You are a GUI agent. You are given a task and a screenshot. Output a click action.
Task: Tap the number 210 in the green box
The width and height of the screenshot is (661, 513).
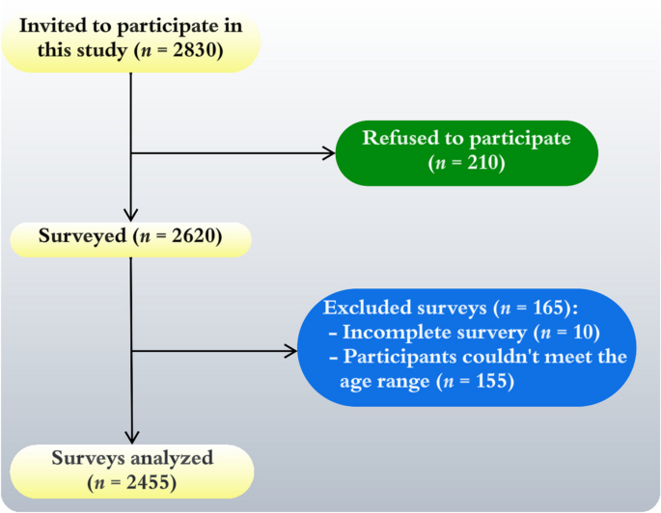[482, 163]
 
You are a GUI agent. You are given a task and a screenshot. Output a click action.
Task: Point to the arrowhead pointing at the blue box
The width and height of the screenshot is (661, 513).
[290, 351]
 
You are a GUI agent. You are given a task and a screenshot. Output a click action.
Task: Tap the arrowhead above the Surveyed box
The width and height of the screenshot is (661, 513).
[130, 214]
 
